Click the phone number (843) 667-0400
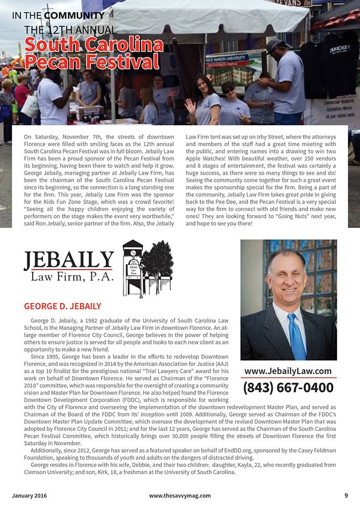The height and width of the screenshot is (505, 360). click(x=288, y=388)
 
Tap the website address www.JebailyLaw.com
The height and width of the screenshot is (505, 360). click(x=288, y=371)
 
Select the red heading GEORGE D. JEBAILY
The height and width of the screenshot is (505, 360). click(x=63, y=306)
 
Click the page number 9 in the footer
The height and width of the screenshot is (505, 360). click(x=346, y=495)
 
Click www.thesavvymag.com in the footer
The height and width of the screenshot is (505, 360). click(x=180, y=495)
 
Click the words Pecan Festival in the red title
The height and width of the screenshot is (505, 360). click(x=92, y=62)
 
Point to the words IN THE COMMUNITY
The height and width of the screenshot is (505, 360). click(x=58, y=15)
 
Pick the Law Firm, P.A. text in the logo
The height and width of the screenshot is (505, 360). click(x=71, y=277)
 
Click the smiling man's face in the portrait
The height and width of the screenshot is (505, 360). click(x=286, y=277)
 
